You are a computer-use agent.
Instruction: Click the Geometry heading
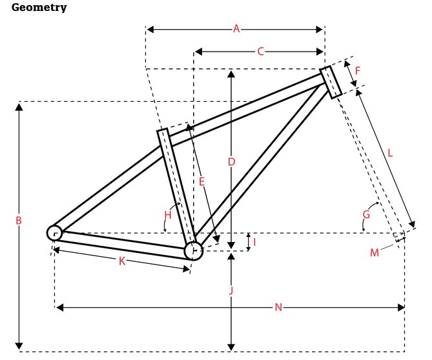(x=39, y=8)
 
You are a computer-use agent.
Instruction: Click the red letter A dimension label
(x=236, y=28)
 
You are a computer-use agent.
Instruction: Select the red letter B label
(x=19, y=221)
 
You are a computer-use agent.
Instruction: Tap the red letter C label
(x=260, y=52)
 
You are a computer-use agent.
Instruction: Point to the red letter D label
(x=231, y=162)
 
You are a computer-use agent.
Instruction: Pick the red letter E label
(x=201, y=182)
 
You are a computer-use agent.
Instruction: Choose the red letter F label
(x=357, y=70)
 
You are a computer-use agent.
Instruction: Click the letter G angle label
(x=366, y=214)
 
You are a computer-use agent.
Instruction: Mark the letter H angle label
(x=168, y=214)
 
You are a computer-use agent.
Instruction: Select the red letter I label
(x=254, y=242)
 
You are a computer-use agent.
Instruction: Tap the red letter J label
(x=231, y=291)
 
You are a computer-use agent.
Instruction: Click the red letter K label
(x=121, y=261)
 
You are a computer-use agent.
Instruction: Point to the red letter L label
(x=390, y=154)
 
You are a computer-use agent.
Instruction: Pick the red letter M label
(x=375, y=252)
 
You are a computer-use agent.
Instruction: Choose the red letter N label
(x=278, y=308)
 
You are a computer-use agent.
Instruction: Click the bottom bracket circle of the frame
(x=193, y=250)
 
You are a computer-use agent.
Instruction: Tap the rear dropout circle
(x=54, y=232)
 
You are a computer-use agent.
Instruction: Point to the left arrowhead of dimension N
(x=59, y=308)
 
